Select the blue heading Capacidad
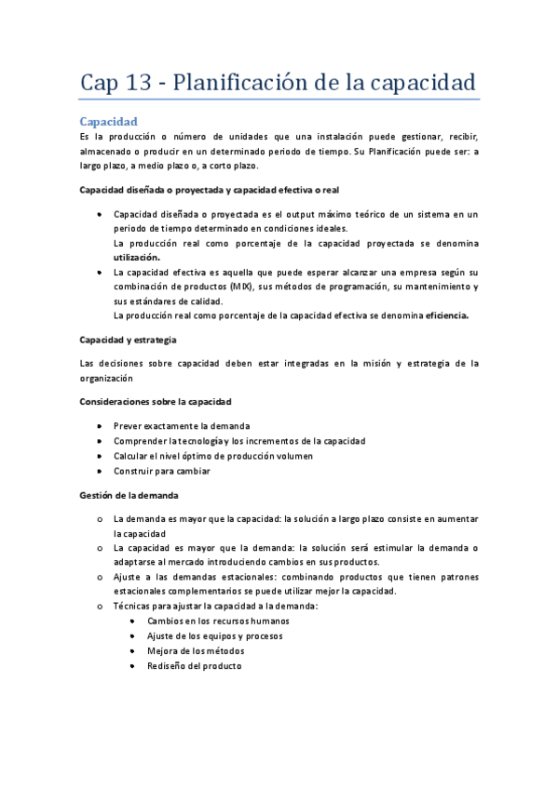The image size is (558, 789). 109,122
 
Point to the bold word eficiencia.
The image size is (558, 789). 447,314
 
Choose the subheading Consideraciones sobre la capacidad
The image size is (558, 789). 156,400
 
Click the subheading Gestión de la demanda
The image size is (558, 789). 129,494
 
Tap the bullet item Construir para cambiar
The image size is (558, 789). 161,471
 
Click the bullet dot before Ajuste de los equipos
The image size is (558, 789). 138,636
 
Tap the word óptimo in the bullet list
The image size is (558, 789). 203,456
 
